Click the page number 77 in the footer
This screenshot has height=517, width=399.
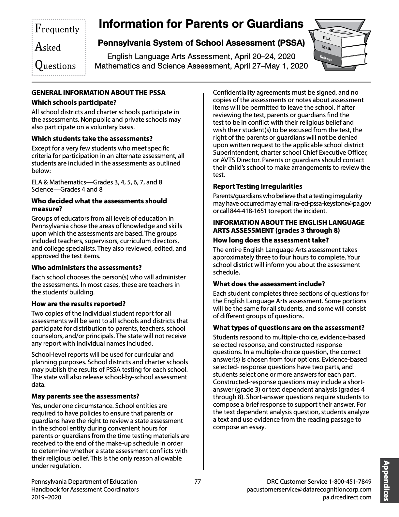198,481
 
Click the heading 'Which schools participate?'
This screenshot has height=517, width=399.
74,102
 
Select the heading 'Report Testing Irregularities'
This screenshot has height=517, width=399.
258,186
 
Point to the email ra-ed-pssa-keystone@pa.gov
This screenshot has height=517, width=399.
332,203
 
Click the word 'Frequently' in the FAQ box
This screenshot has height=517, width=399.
57,29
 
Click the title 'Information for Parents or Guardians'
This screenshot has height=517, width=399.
201,24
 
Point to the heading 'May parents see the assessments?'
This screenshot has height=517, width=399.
85,396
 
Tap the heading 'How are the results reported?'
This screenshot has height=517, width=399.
79,304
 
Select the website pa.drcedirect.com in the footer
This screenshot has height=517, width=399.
346,497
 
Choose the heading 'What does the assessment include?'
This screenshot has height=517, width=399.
269,284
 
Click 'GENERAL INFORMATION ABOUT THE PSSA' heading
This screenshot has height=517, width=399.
98,93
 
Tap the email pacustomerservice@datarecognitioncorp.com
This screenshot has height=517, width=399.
309,490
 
